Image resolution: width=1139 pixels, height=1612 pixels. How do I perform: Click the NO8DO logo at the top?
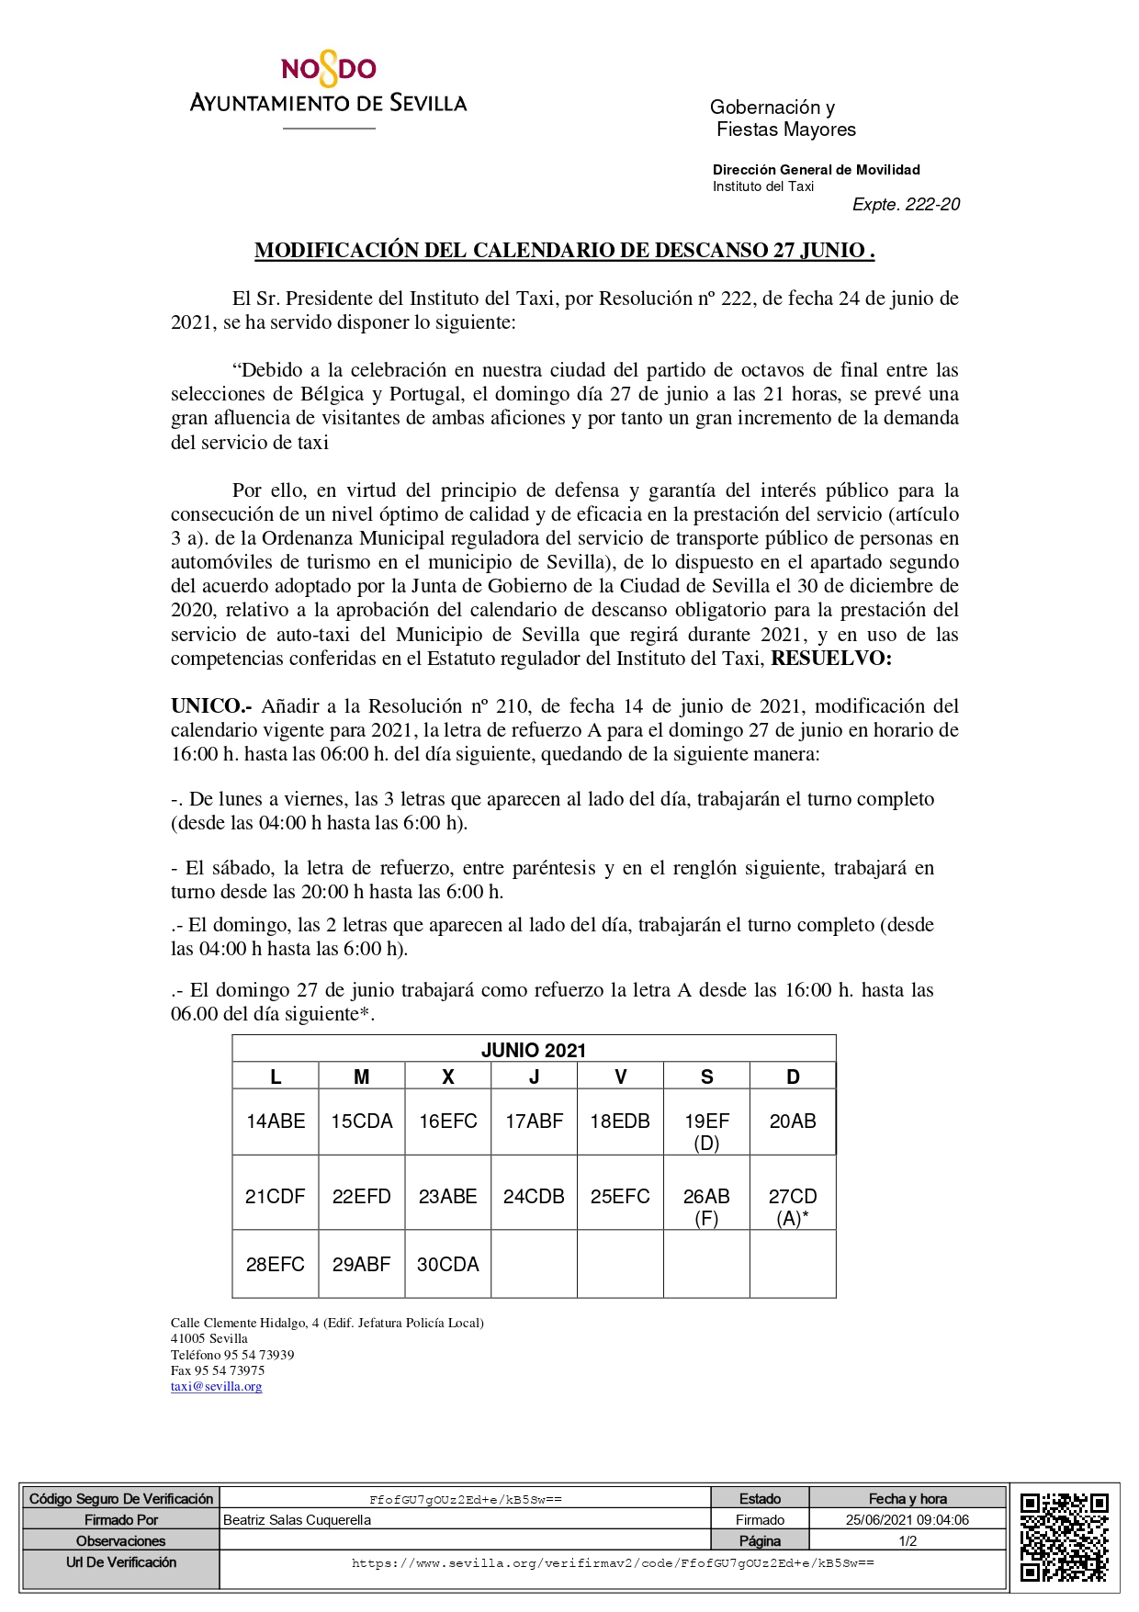click(328, 71)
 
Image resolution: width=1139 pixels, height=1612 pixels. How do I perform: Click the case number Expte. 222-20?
click(906, 205)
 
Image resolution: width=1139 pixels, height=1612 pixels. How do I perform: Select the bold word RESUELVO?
click(830, 659)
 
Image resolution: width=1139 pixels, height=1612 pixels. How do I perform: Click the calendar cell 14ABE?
click(276, 1122)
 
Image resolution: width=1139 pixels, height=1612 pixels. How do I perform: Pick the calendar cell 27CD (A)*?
click(793, 1206)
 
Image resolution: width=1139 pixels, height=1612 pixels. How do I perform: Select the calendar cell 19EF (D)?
click(706, 1131)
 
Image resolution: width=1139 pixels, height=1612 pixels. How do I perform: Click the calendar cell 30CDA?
click(448, 1265)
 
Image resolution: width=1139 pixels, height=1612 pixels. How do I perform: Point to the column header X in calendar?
click(448, 1077)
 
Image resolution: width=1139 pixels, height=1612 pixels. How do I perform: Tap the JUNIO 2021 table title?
click(534, 1051)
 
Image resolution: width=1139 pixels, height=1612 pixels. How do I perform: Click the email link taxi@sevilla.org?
click(216, 1387)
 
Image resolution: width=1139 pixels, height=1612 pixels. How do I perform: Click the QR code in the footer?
click(1064, 1538)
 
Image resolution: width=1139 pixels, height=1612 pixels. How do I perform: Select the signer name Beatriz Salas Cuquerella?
click(298, 1520)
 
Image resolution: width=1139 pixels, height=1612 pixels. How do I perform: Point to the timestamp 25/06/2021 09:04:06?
click(908, 1520)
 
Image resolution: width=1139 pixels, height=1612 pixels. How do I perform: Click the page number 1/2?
click(908, 1541)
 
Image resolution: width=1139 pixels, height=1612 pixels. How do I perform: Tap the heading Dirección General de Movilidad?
click(816, 170)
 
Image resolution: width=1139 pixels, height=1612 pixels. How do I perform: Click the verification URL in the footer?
click(613, 1563)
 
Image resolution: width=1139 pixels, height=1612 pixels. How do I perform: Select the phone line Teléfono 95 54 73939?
click(232, 1355)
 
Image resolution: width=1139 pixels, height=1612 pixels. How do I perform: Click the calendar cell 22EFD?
click(362, 1197)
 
